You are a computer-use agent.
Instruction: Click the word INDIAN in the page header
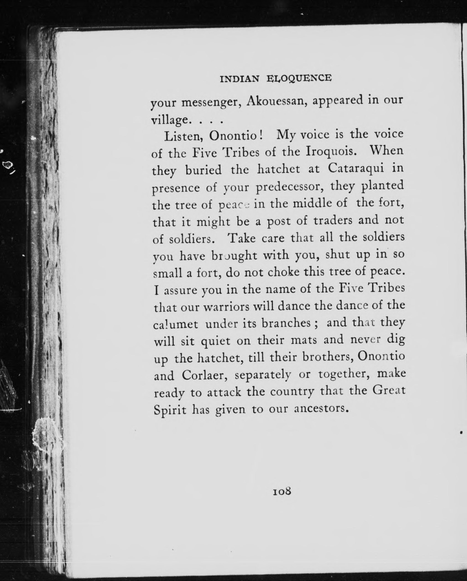click(x=240, y=79)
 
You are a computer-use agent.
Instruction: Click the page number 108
click(x=282, y=491)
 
